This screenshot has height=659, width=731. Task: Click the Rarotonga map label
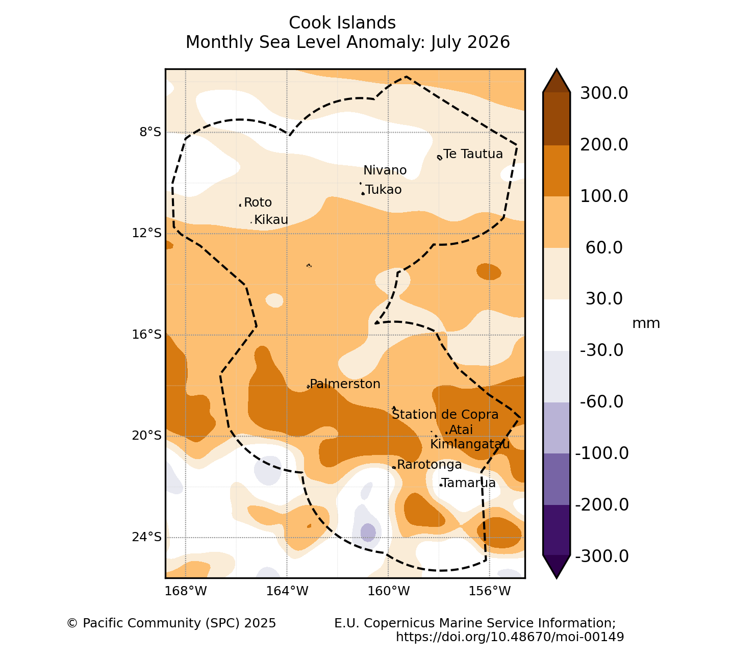point(430,465)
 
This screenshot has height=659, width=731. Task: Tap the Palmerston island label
point(345,384)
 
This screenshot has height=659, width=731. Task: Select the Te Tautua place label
point(473,154)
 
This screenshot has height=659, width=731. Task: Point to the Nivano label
point(385,170)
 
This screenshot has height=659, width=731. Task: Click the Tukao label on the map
point(384,190)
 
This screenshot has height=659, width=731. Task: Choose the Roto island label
point(258,202)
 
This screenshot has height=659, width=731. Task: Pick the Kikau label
point(271,220)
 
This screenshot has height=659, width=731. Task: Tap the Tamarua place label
point(469,483)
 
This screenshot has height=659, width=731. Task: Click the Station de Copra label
point(445,415)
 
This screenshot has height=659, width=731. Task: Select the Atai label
point(461,430)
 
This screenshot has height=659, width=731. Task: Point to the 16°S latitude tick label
point(146,334)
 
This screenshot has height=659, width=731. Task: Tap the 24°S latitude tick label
point(146,537)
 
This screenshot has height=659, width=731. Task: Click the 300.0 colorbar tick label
point(604,93)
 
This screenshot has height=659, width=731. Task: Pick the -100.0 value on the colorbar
point(601,453)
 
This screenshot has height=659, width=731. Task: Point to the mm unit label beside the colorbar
point(646,324)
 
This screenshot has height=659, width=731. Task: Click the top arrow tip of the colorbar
point(557,68)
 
